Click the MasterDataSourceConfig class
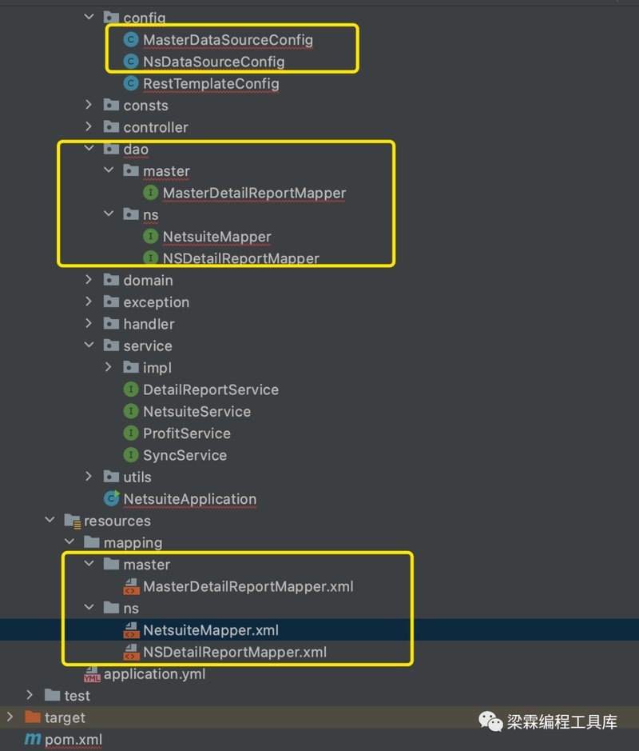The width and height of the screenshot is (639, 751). pos(228,40)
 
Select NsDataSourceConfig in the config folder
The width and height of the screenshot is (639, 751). pos(214,62)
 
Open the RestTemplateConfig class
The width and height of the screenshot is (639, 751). pos(211,84)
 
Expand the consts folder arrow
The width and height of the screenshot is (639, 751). pos(89,105)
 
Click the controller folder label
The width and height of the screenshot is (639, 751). pos(156,127)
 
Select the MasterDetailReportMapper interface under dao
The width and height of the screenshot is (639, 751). pos(254,193)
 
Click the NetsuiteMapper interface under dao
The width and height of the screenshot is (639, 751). pos(216,237)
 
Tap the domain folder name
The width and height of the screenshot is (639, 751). pos(148,280)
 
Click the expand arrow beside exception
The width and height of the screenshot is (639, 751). pos(89,302)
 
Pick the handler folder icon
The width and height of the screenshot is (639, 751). pos(111,323)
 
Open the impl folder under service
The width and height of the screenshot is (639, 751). pos(157,368)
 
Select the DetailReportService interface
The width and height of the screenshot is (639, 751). pos(210,389)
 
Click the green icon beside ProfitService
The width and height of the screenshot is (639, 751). pos(130,433)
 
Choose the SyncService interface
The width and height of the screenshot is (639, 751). pos(185,455)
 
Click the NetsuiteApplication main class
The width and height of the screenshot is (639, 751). pos(190,499)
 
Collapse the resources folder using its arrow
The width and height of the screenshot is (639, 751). pos(50,520)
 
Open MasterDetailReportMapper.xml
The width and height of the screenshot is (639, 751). pos(248,586)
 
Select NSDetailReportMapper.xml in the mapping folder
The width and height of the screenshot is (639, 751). pos(235,652)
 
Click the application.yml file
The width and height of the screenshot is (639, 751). pos(154,674)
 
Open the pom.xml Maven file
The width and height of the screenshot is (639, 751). pos(73,740)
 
